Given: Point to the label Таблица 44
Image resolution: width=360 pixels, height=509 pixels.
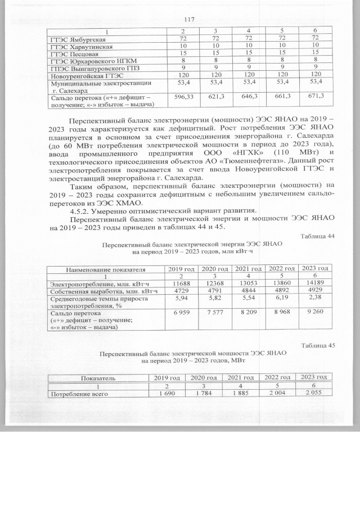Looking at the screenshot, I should point(318,236).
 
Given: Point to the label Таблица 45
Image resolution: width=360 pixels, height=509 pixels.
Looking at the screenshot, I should point(318,345).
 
